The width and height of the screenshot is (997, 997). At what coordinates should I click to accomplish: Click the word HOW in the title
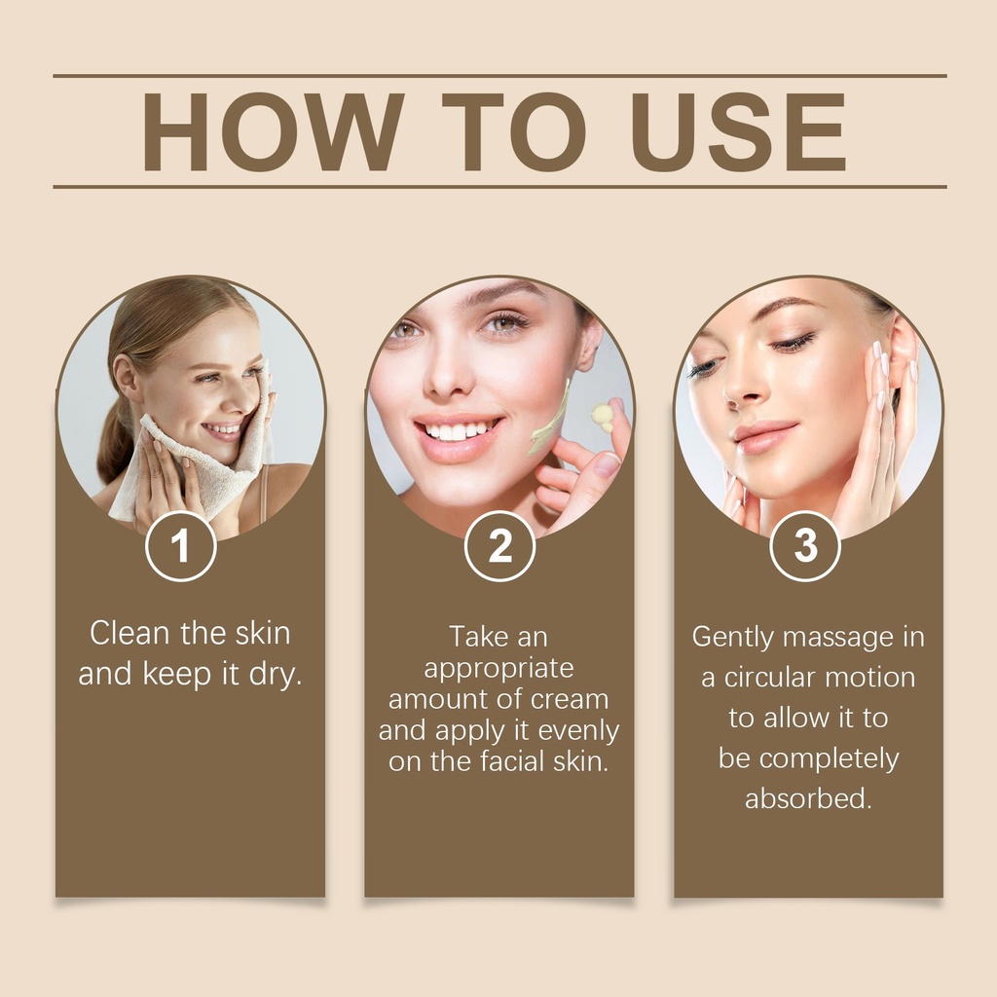[x=273, y=131]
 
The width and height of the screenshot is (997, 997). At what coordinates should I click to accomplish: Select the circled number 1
[x=180, y=546]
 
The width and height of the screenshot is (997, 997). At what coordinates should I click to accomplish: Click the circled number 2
[x=499, y=546]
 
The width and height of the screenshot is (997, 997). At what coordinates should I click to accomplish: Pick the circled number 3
[x=805, y=546]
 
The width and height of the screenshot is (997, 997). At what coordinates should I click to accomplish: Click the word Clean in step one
[x=129, y=633]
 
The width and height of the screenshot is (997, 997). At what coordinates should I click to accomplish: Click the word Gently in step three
[x=733, y=638]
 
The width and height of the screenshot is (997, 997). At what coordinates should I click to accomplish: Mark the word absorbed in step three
[x=808, y=798]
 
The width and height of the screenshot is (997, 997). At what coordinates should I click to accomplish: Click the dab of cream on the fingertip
[x=602, y=415]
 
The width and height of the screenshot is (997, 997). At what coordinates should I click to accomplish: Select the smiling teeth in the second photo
[x=457, y=430]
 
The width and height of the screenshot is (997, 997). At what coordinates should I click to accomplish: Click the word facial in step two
[x=512, y=761]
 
